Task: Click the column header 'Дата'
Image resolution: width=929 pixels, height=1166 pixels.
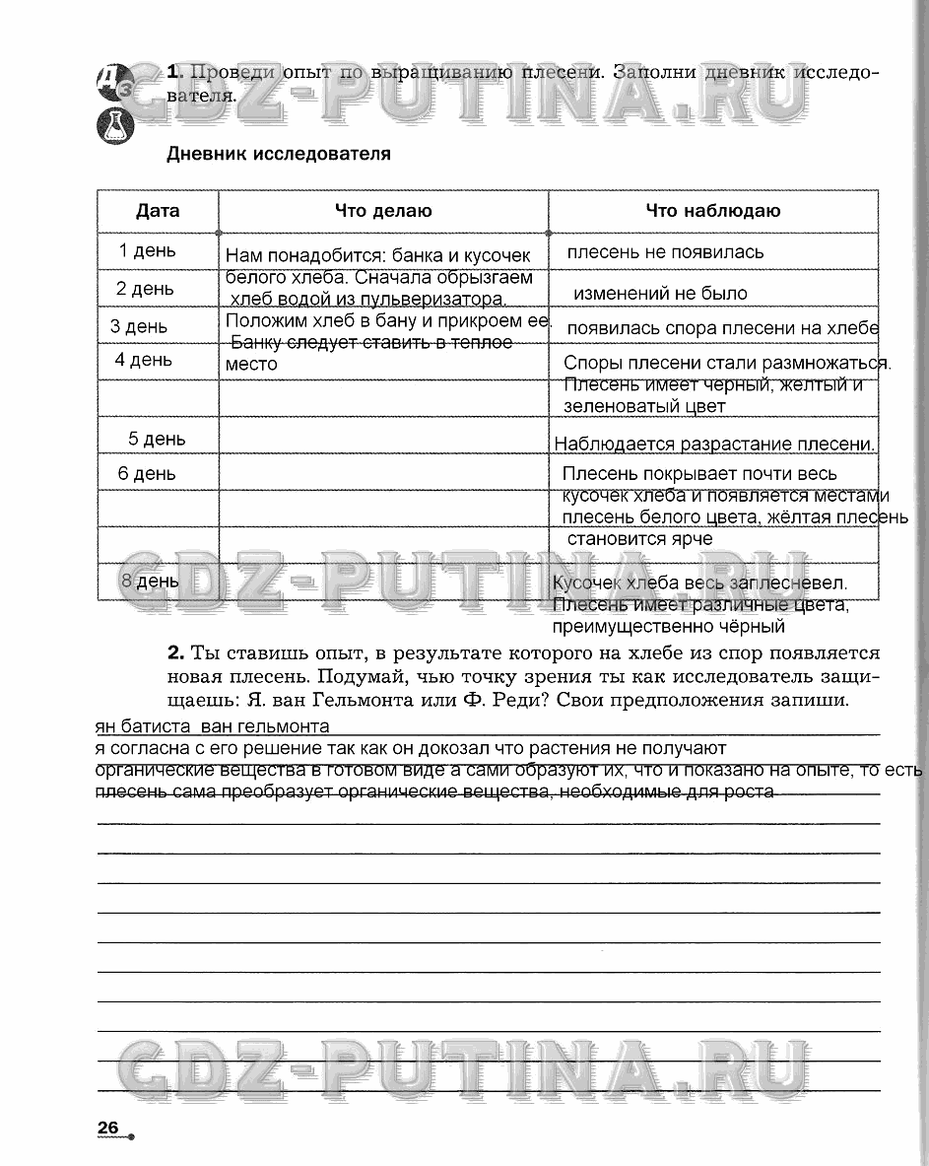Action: (158, 211)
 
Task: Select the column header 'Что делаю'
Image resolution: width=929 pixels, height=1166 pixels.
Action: (383, 211)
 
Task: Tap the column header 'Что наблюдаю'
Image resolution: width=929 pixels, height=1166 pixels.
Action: (713, 211)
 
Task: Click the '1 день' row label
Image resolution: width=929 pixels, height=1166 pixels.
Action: (148, 250)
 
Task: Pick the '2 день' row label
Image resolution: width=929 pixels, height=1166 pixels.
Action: (145, 289)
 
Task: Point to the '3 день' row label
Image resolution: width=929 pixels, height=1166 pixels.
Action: (139, 326)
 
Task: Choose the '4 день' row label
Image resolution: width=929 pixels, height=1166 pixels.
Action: (144, 360)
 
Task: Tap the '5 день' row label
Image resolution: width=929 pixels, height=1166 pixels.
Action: (157, 439)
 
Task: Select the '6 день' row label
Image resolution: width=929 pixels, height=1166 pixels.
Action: (147, 474)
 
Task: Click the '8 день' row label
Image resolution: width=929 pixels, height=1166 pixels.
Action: (150, 581)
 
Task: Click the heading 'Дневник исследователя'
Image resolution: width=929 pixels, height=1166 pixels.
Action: (279, 154)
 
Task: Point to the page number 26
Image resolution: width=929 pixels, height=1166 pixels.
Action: (107, 1128)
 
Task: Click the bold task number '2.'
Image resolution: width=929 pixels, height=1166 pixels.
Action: (176, 652)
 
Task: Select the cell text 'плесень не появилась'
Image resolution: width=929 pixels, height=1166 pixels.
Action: (665, 252)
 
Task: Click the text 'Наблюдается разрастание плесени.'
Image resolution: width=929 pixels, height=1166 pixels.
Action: (714, 445)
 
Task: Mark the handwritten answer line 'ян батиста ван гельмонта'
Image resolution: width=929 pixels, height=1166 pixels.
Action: (213, 727)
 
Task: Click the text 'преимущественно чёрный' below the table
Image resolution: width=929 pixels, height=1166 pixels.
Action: (669, 626)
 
